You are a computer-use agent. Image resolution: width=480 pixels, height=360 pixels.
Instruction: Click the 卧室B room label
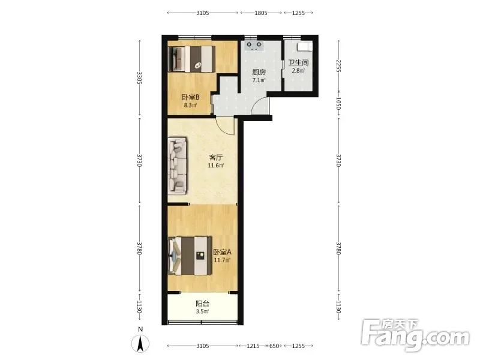pyautogui.click(x=191, y=97)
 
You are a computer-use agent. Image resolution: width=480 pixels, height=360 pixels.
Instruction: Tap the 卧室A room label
pyautogui.click(x=222, y=252)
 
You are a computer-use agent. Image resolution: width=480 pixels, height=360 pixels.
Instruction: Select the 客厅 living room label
pyautogui.click(x=216, y=158)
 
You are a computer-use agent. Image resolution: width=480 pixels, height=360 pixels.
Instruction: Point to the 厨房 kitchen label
pyautogui.click(x=259, y=72)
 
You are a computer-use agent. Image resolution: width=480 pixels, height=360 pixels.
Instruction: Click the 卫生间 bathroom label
pyautogui.click(x=298, y=63)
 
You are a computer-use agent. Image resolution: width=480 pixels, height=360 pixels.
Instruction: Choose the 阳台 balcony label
pyautogui.click(x=202, y=304)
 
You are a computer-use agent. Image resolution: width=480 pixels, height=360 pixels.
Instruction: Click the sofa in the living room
pyautogui.click(x=177, y=166)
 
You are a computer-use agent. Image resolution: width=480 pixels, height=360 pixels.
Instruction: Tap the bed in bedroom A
pyautogui.click(x=190, y=256)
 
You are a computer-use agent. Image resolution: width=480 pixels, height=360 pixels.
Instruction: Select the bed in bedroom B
pyautogui.click(x=191, y=59)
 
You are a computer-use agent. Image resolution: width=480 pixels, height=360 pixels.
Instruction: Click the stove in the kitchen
pyautogui.click(x=254, y=46)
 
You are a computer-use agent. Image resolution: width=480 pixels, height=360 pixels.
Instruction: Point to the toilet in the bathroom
pyautogui.click(x=305, y=47)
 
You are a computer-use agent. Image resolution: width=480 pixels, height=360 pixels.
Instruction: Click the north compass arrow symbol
pyautogui.click(x=140, y=343)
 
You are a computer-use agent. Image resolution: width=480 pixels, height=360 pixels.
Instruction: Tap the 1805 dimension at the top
pyautogui.click(x=261, y=13)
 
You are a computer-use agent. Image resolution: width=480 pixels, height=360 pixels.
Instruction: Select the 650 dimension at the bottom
pyautogui.click(x=274, y=346)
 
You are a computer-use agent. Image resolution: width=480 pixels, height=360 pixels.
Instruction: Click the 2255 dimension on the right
pyautogui.click(x=338, y=66)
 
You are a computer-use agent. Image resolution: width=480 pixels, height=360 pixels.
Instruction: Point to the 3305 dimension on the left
pyautogui.click(x=139, y=78)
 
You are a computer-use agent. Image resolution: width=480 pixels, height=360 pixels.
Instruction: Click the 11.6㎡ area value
pyautogui.click(x=216, y=166)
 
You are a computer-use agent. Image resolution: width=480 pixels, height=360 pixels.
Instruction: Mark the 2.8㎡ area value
pyautogui.click(x=298, y=71)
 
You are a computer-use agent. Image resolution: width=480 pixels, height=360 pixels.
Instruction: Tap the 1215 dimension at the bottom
pyautogui.click(x=253, y=346)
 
